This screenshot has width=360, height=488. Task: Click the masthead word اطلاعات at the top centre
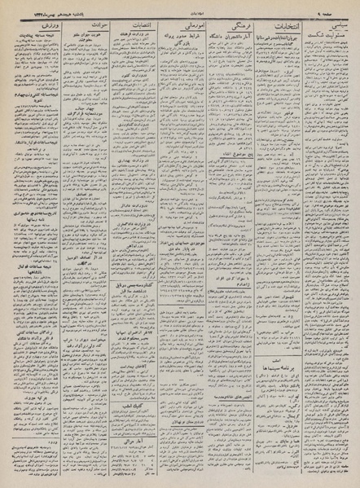(180, 5)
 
